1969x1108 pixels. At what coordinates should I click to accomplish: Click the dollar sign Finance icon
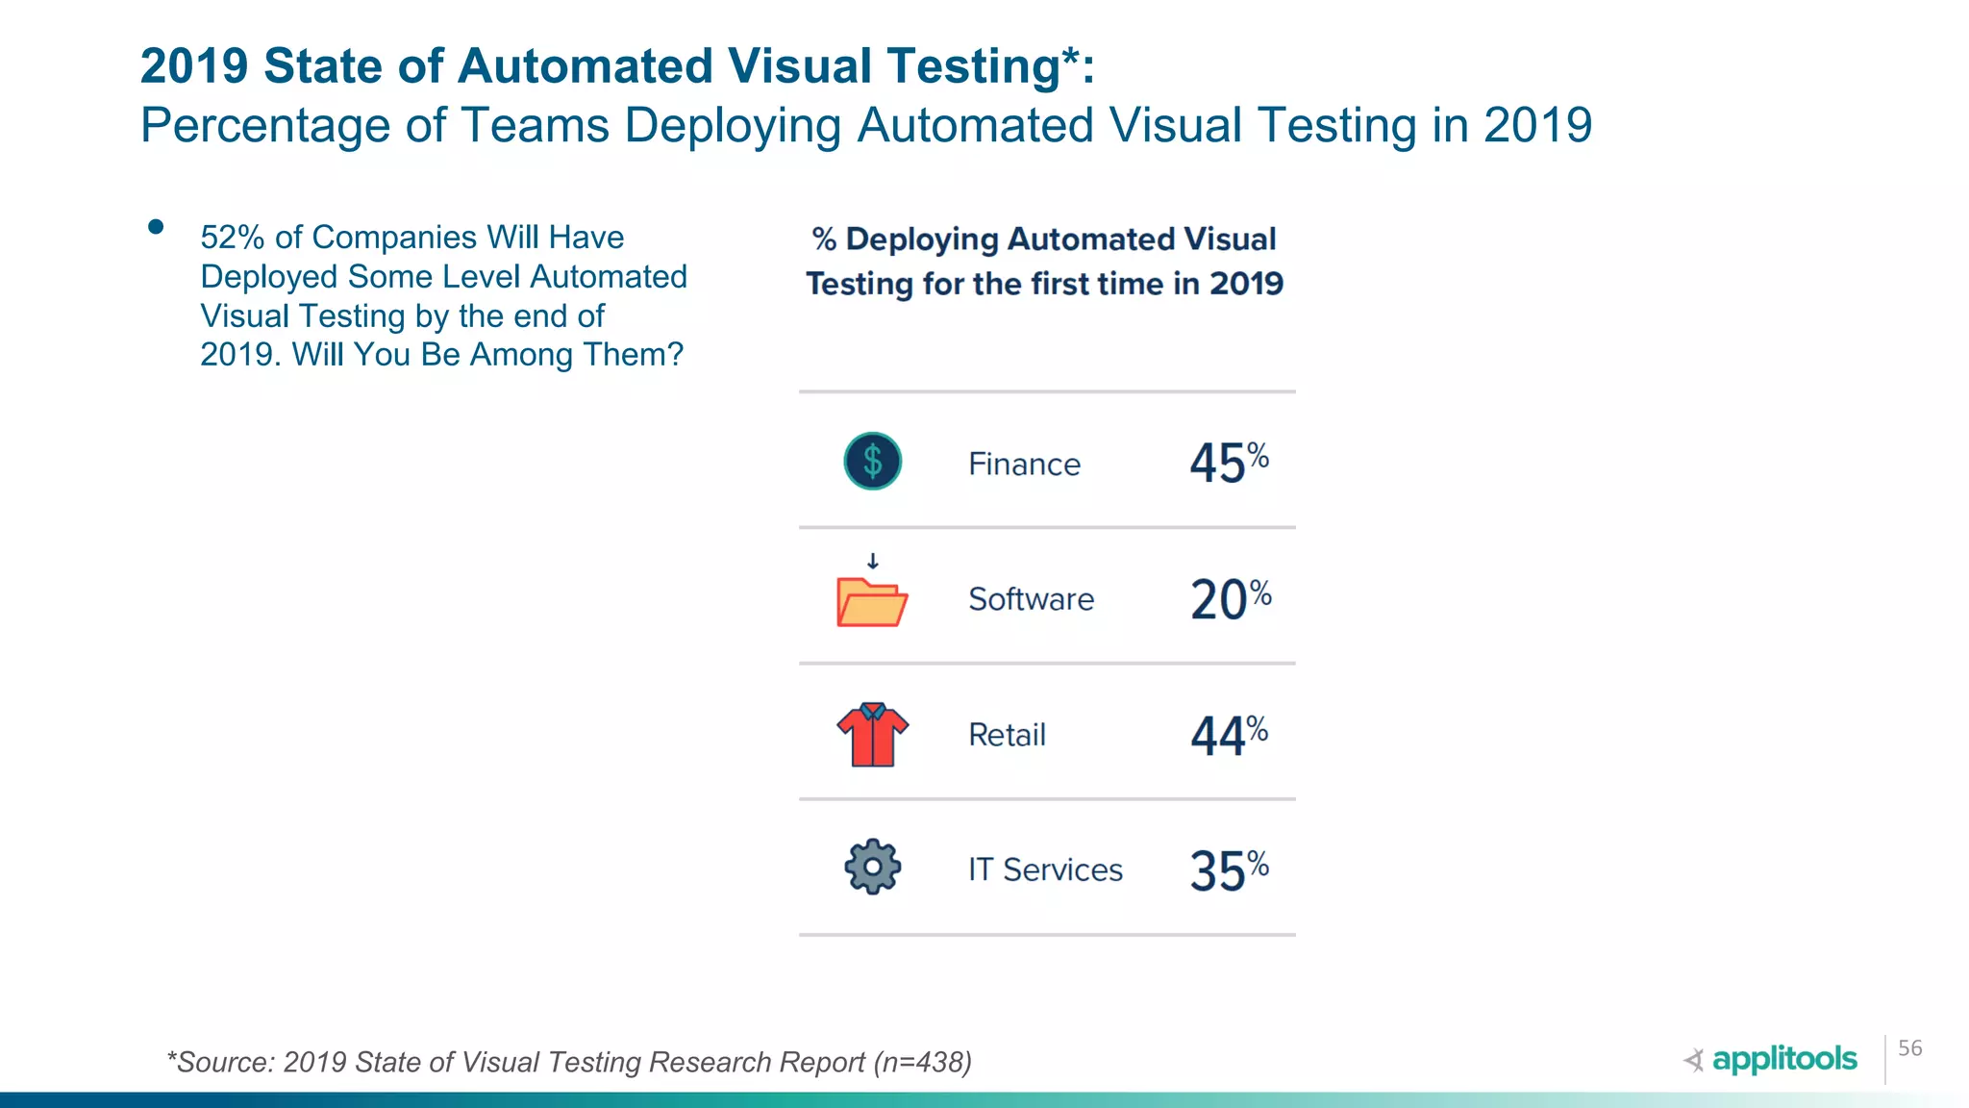[872, 462]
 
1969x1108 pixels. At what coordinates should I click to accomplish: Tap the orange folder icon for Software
[871, 603]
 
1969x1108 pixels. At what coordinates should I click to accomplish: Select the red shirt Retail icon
[872, 735]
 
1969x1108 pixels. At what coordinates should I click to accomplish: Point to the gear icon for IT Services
[872, 868]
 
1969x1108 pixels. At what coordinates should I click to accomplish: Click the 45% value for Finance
[1228, 463]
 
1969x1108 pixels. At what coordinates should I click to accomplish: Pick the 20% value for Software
[1230, 599]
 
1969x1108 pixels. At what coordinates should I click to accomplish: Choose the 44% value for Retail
[1228, 735]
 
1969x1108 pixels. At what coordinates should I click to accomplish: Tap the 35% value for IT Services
[1228, 869]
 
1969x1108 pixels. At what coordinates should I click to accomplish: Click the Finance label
[1024, 465]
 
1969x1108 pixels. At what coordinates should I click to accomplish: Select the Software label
[1031, 599]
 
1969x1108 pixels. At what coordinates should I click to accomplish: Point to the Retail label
[1007, 735]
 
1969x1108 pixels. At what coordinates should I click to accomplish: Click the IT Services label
[1045, 869]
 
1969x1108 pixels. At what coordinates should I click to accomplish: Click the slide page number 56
[1909, 1048]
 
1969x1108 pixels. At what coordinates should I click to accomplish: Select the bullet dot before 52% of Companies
[156, 227]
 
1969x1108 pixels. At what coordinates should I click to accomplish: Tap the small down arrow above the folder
[872, 561]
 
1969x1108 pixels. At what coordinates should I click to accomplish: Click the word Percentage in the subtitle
[264, 126]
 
